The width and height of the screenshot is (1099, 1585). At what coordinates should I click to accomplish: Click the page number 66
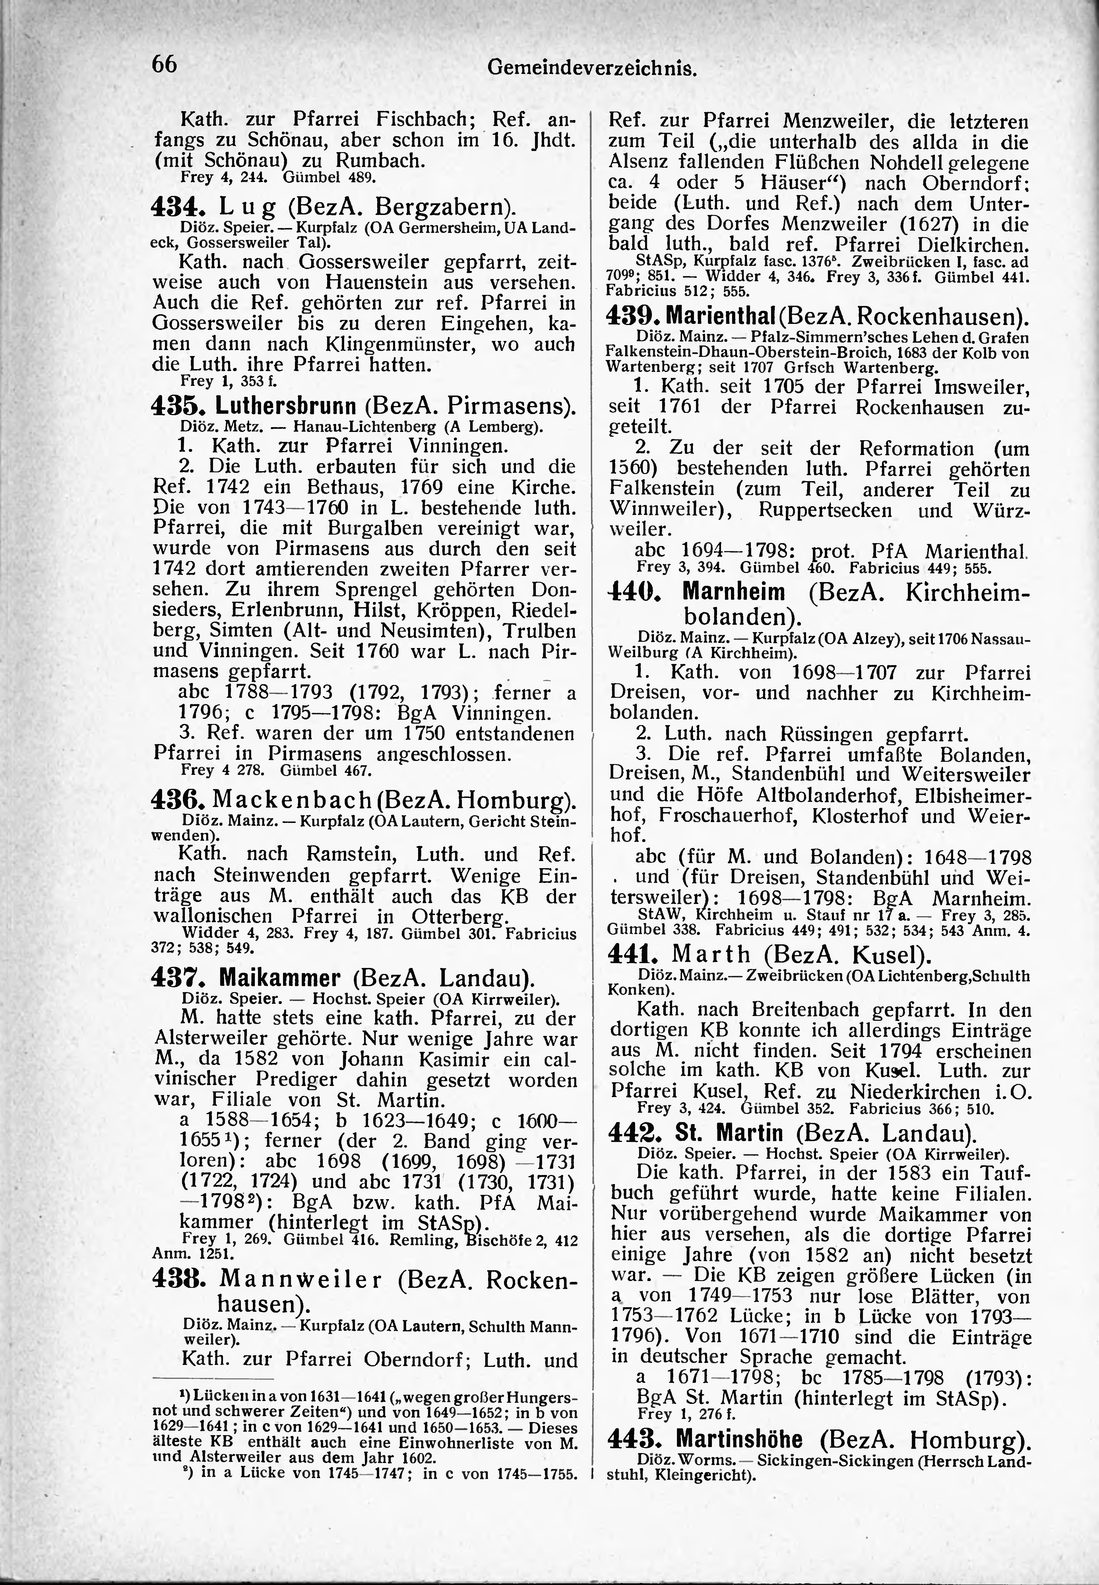[x=165, y=64]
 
